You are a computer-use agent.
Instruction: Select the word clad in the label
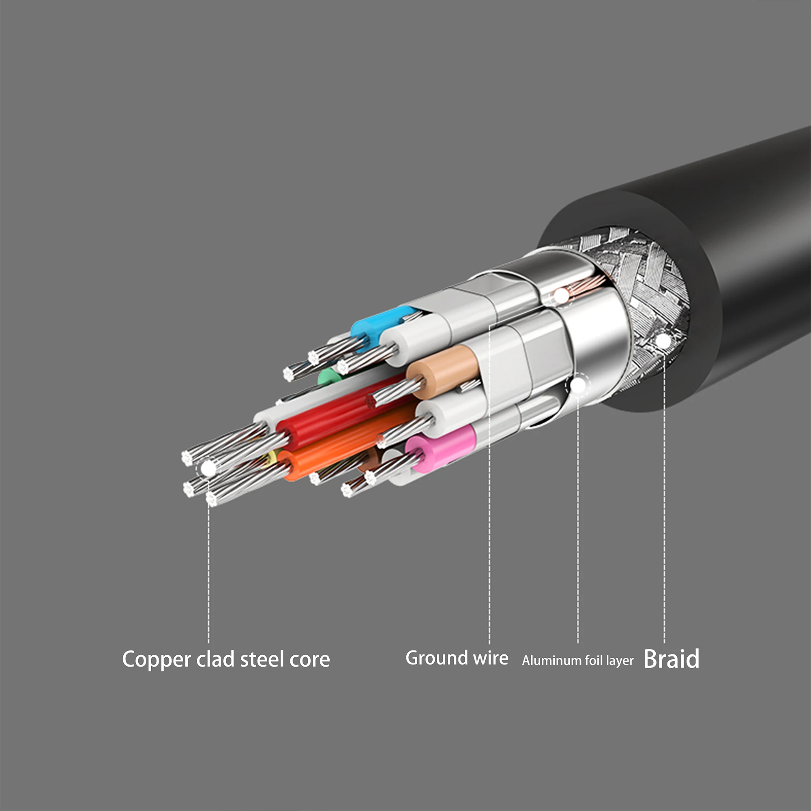click(x=215, y=659)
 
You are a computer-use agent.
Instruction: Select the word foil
click(x=594, y=661)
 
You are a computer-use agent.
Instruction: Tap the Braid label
click(x=671, y=659)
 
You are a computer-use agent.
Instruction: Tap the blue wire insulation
click(x=378, y=323)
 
